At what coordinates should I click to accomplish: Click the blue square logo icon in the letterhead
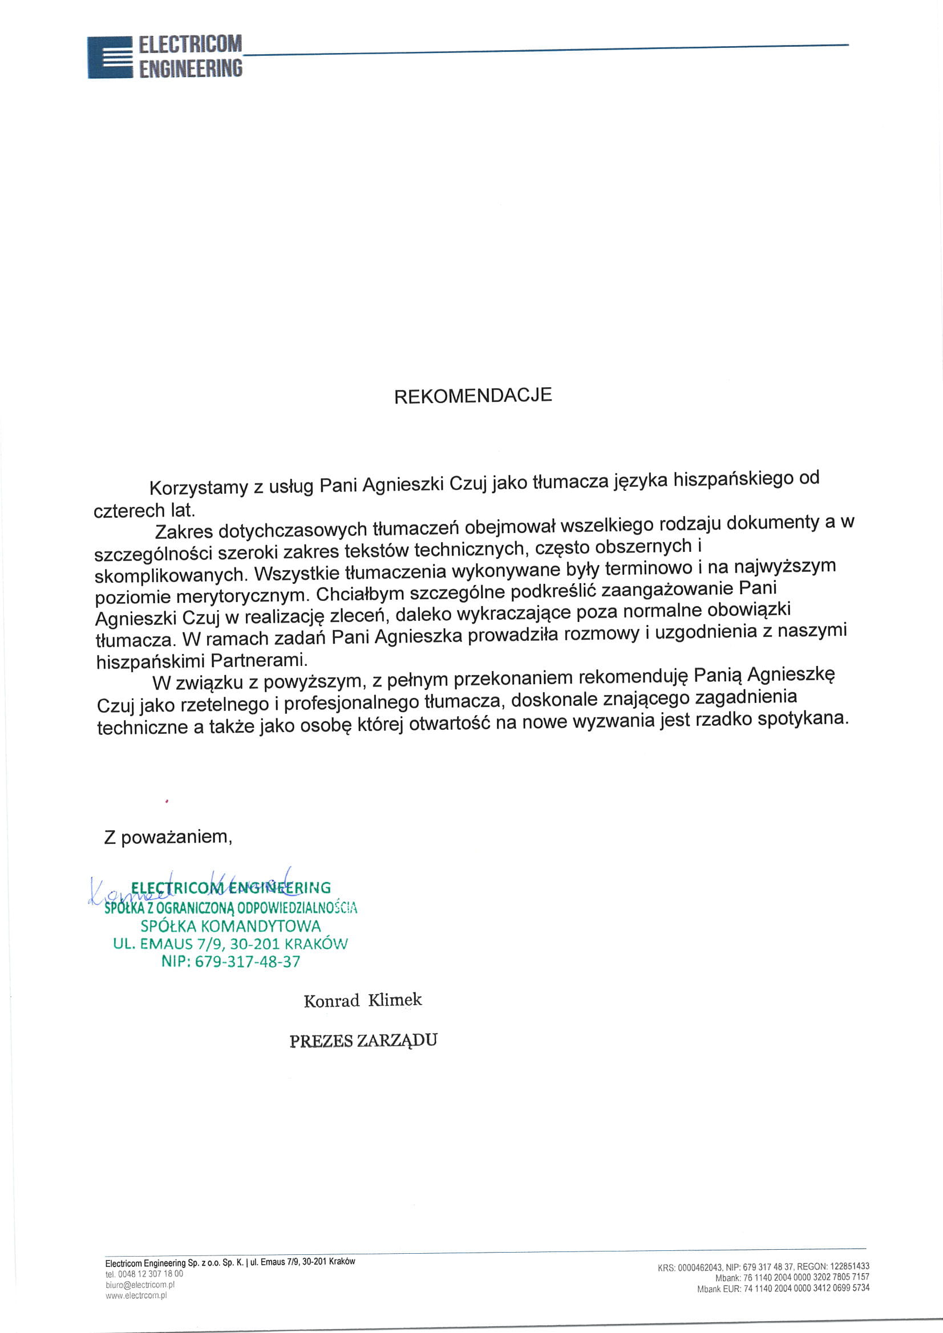(110, 58)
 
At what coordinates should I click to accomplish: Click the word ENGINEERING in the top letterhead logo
(191, 68)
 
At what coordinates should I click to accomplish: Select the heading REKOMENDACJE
(472, 396)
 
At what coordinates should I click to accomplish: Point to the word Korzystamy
(199, 487)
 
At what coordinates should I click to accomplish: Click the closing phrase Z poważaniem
(168, 836)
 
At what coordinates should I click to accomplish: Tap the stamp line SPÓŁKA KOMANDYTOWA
(230, 925)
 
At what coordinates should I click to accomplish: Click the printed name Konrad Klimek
(363, 1001)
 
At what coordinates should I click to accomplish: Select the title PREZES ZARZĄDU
(363, 1041)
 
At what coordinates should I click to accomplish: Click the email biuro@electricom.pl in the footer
(140, 1284)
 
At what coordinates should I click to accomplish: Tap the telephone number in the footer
(151, 1274)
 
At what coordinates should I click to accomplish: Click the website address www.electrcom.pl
(136, 1295)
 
